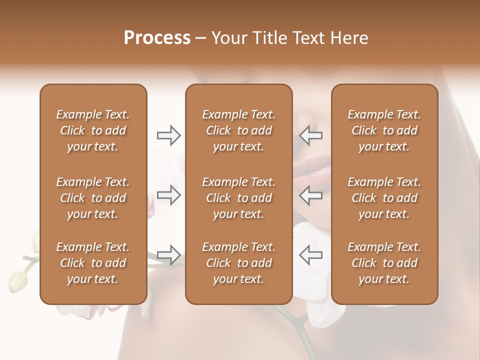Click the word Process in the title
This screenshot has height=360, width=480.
157,38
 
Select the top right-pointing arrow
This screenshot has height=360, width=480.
169,135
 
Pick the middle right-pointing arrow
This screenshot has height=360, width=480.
169,195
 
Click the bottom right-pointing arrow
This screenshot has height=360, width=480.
169,255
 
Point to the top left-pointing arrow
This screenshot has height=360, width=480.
310,135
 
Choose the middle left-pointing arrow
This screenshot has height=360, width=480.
310,195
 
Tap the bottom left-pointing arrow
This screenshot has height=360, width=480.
310,255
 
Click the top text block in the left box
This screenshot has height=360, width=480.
93,130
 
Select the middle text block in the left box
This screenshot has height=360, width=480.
93,198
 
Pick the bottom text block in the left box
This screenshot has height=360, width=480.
93,263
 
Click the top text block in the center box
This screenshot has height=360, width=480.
238,130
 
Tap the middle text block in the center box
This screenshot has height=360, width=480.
238,198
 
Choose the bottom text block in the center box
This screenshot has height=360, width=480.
238,263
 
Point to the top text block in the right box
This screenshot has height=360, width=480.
384,130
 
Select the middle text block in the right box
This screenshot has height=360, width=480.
384,198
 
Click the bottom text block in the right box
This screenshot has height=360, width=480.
384,263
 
